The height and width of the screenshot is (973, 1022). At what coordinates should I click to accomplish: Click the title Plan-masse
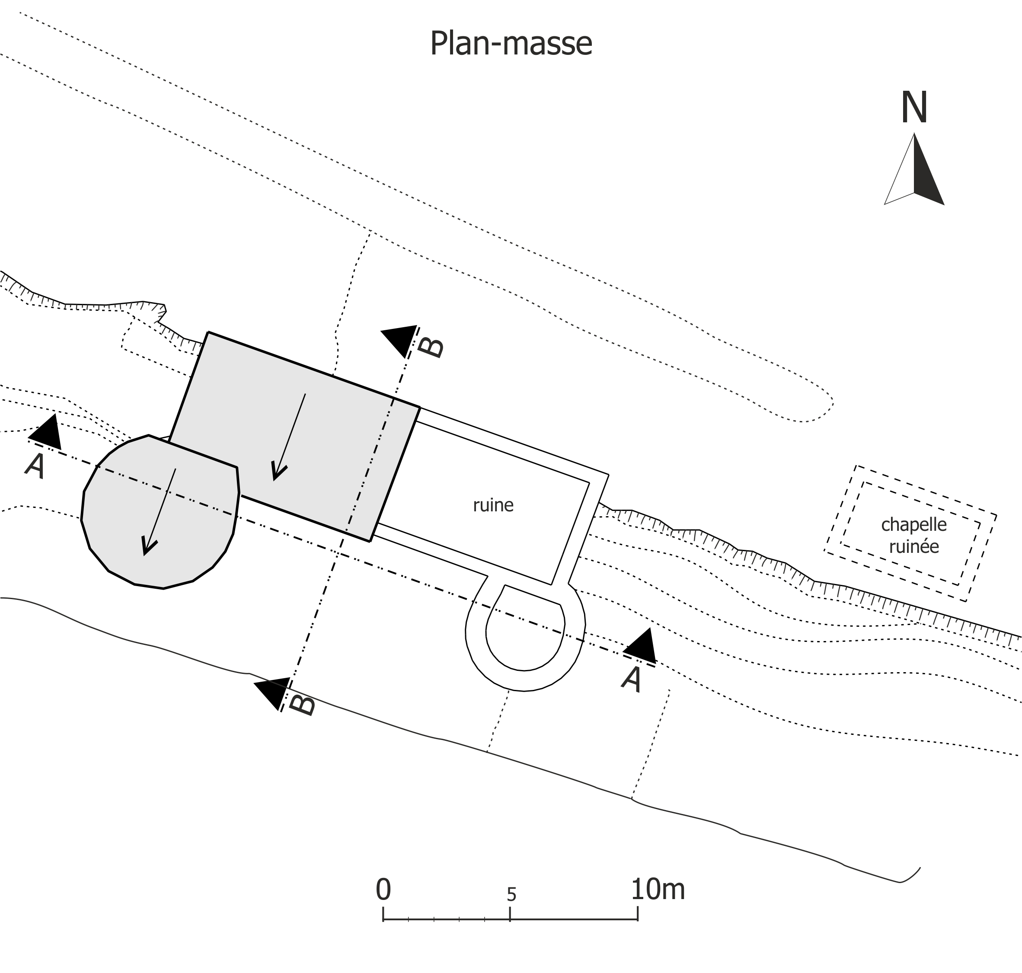click(511, 44)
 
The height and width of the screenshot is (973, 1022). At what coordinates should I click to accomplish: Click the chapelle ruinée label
click(914, 535)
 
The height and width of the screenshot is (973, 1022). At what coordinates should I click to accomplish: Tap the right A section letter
click(632, 680)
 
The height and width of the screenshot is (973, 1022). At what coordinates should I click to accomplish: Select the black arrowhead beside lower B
click(273, 693)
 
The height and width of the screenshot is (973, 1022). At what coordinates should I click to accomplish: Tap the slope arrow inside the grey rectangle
click(288, 437)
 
